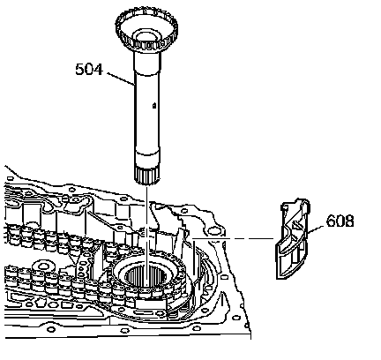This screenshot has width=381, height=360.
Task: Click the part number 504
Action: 89,70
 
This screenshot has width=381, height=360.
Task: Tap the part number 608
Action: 340,221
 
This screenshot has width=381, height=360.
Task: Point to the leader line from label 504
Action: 121,79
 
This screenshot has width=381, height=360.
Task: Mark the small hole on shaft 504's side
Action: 154,105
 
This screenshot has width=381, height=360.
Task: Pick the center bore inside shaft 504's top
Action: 146,37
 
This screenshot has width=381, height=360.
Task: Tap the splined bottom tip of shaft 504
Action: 147,176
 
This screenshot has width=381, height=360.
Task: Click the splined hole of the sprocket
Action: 145,276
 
